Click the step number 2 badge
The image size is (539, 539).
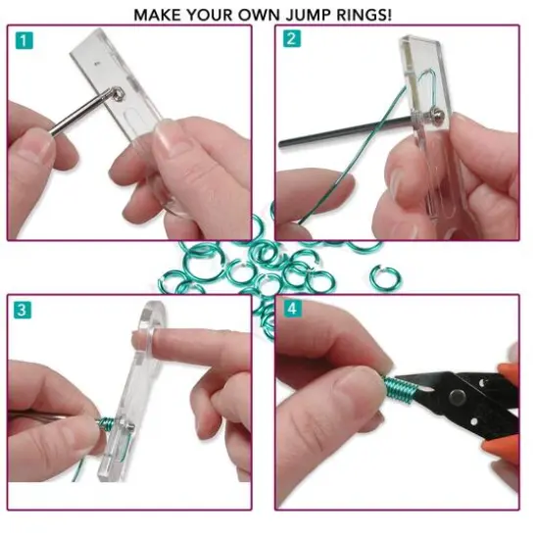pos(291,39)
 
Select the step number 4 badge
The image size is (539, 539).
pos(291,310)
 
